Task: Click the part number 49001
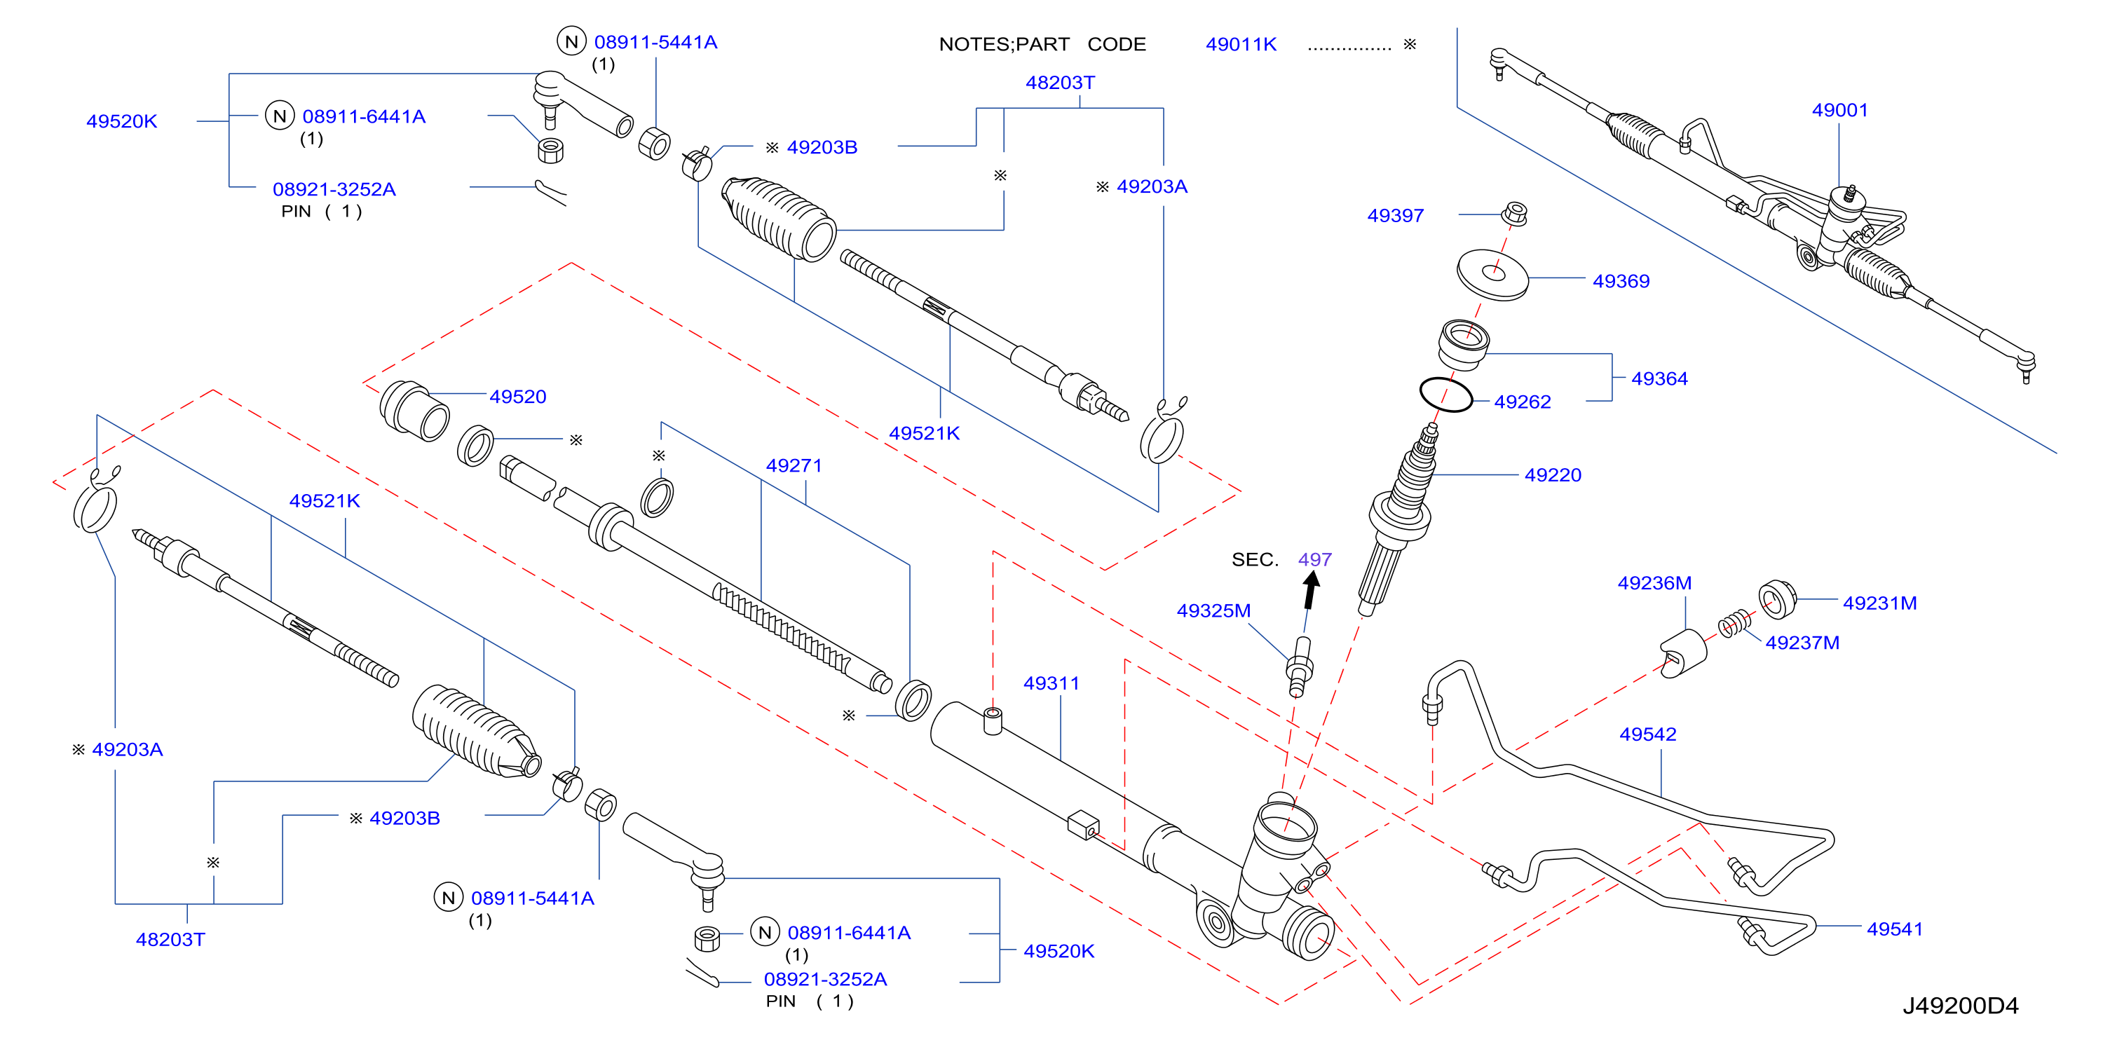(x=1839, y=110)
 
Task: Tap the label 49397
(x=1395, y=215)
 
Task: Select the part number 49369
(x=1620, y=281)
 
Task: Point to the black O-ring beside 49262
(x=1445, y=394)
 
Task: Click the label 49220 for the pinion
(x=1552, y=475)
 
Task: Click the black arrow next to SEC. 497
(x=1311, y=589)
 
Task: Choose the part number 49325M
(x=1213, y=611)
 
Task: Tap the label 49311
(x=1051, y=683)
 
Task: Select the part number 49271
(x=793, y=465)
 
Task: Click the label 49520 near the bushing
(x=517, y=397)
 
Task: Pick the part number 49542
(x=1647, y=734)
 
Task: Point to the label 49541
(x=1894, y=929)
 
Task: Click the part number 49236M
(x=1654, y=583)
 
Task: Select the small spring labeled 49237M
(x=1735, y=625)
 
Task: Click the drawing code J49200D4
(x=1959, y=1006)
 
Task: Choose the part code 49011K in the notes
(x=1240, y=44)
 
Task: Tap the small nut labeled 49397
(x=1515, y=214)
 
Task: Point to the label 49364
(x=1659, y=378)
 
